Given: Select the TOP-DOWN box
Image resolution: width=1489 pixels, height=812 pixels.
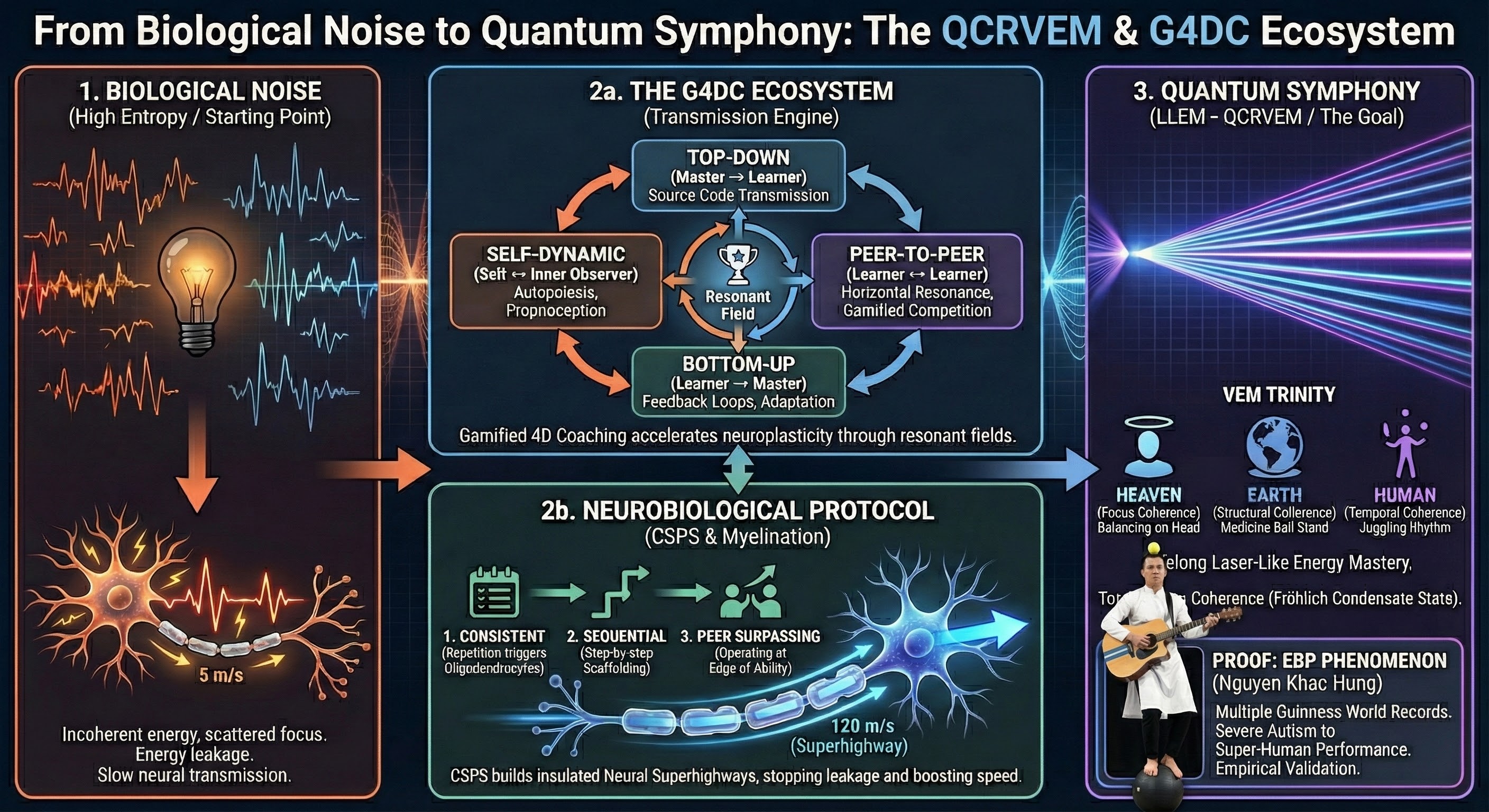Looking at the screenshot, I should tap(738, 176).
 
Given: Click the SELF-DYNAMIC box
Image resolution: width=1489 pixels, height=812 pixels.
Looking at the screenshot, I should tap(556, 281).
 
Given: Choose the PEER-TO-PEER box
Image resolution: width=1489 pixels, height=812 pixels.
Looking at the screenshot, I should tap(917, 281).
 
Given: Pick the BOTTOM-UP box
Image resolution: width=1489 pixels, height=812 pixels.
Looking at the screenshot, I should tap(738, 382).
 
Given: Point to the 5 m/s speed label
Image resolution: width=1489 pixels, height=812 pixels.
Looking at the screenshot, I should tap(221, 675).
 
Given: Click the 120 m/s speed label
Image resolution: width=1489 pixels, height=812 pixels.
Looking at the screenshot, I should tap(862, 725).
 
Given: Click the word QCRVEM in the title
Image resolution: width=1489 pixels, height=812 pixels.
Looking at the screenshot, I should tap(1022, 31).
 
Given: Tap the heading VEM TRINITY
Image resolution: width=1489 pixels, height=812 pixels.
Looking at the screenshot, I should tap(1279, 395).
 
